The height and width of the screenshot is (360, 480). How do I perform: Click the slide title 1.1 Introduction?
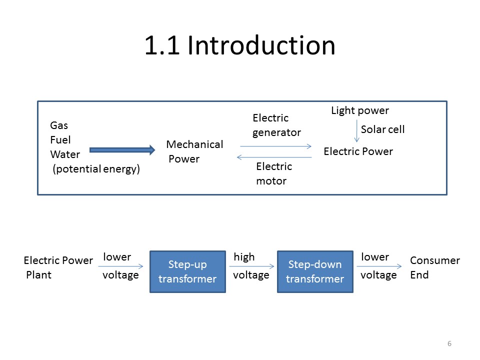coord(239,45)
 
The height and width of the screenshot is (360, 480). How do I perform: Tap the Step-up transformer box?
coord(187,271)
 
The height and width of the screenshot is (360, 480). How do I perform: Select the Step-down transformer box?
coord(315,271)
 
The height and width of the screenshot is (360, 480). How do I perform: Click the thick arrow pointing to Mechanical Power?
coord(122,149)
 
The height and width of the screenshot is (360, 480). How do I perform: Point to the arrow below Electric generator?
coord(275,146)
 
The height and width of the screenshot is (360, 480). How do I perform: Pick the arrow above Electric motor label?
coord(274,157)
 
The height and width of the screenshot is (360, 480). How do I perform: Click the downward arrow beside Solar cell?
coord(356,131)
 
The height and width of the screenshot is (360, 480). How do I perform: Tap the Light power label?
coord(359,110)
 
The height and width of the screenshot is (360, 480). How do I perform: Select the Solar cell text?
coord(382,129)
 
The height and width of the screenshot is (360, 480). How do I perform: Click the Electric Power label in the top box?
coord(358,151)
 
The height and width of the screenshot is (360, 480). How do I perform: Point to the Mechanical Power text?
coord(194,151)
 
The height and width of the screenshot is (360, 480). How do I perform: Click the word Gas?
coord(59,125)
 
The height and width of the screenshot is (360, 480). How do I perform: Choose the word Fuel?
coord(60,140)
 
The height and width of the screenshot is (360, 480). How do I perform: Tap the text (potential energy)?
coord(96,169)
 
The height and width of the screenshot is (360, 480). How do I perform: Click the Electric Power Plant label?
coord(58,267)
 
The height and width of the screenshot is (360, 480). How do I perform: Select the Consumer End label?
coord(434,267)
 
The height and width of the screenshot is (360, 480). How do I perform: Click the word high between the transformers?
coord(244,257)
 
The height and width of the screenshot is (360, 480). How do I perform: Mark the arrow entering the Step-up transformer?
coord(120,266)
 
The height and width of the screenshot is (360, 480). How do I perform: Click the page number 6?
coord(449,343)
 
